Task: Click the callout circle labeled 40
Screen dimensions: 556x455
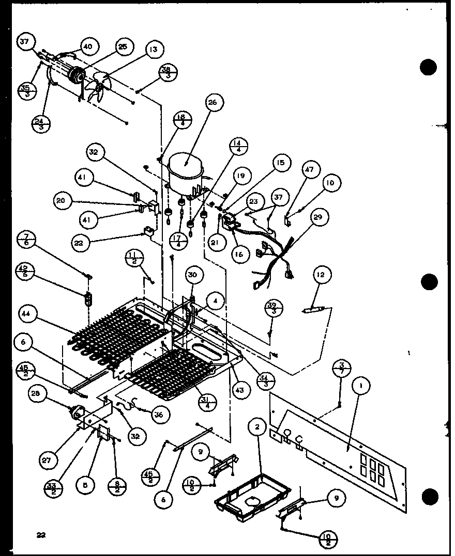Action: (88, 46)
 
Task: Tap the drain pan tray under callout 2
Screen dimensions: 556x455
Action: (252, 496)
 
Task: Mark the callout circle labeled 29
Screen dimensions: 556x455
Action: (317, 217)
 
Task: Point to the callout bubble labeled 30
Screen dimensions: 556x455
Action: (192, 276)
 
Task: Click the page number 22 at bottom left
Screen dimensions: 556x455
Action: (41, 535)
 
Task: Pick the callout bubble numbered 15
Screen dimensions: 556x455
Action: (280, 164)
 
